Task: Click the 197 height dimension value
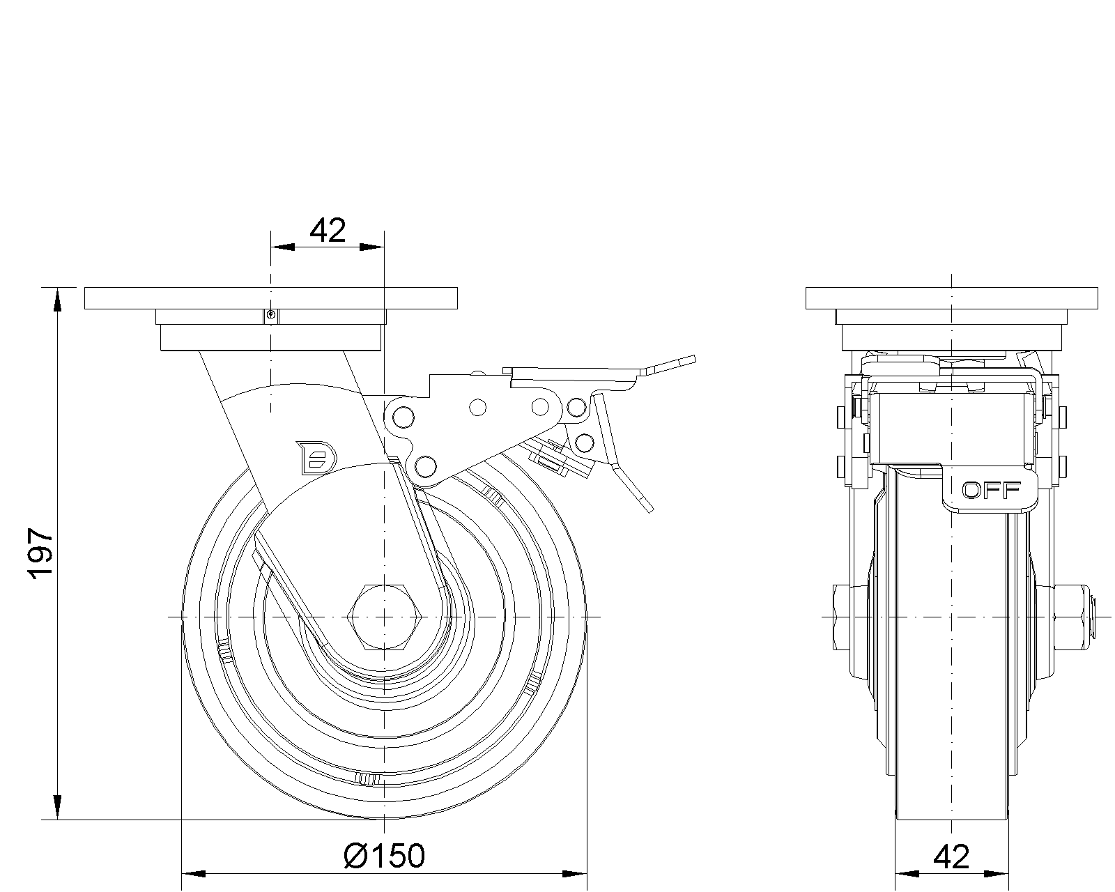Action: click(x=41, y=553)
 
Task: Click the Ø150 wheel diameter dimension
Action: click(x=384, y=856)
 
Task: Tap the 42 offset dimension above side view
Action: click(x=328, y=231)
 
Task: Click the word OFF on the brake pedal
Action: click(x=991, y=490)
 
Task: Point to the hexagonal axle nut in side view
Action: click(x=384, y=617)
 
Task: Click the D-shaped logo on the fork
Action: click(x=316, y=457)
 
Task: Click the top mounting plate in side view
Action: click(x=271, y=298)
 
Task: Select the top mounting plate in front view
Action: click(x=952, y=298)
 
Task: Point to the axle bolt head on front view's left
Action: click(x=843, y=617)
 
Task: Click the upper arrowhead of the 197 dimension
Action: click(x=57, y=300)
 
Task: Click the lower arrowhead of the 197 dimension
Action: click(x=57, y=808)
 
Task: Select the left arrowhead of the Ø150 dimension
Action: click(x=193, y=874)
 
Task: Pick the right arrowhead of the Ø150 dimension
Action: click(x=575, y=874)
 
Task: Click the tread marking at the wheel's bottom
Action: click(x=369, y=778)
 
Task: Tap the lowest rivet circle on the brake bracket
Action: click(x=425, y=466)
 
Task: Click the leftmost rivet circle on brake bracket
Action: click(x=403, y=416)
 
